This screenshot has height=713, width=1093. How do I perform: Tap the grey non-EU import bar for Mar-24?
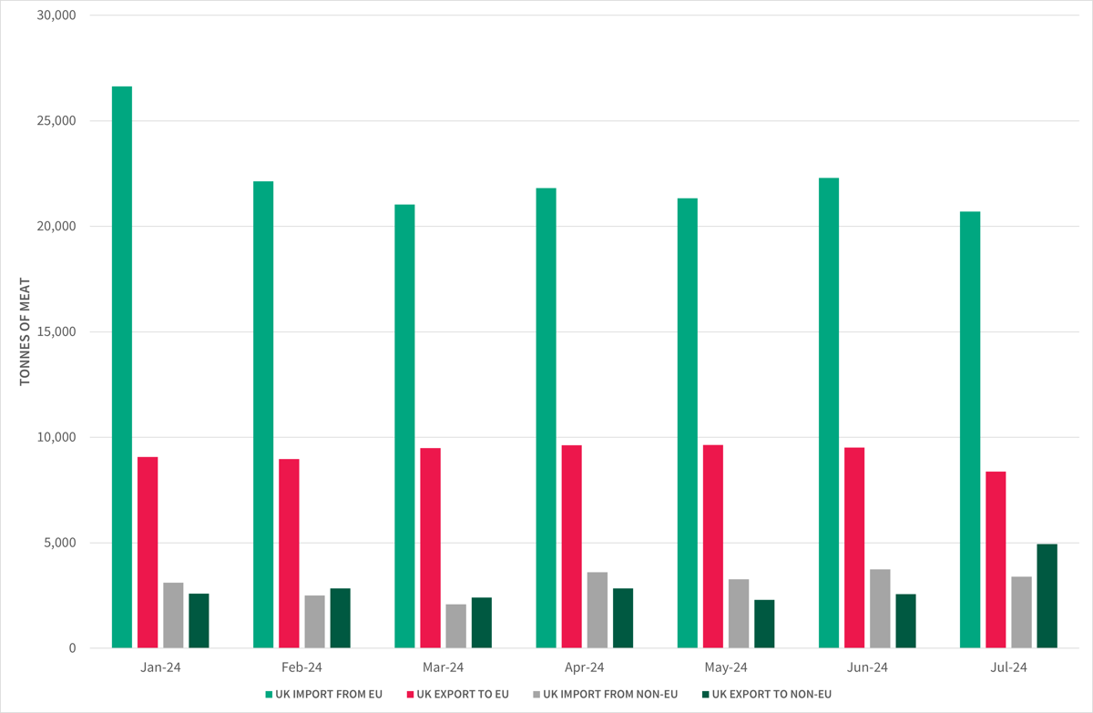pos(455,626)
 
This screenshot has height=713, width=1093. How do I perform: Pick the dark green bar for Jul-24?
pos(1047,596)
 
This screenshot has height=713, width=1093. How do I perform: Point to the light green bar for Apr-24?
pos(546,418)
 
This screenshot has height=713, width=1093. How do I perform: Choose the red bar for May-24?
pos(713,546)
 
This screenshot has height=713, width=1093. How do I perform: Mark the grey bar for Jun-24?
pos(880,608)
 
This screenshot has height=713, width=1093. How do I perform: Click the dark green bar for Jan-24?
pos(199,621)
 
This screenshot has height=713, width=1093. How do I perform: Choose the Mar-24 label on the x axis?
pos(444,667)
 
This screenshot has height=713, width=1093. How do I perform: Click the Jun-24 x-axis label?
pos(867,667)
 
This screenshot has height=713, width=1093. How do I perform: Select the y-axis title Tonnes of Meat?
pos(25,331)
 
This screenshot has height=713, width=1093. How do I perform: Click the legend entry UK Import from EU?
pos(329,694)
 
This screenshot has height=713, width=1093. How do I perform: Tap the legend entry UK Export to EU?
pos(463,694)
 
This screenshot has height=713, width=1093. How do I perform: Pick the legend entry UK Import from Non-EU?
pos(610,694)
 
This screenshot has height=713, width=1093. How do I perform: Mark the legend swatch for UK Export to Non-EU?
pos(705,695)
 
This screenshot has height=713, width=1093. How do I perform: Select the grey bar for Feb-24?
pos(314,622)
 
